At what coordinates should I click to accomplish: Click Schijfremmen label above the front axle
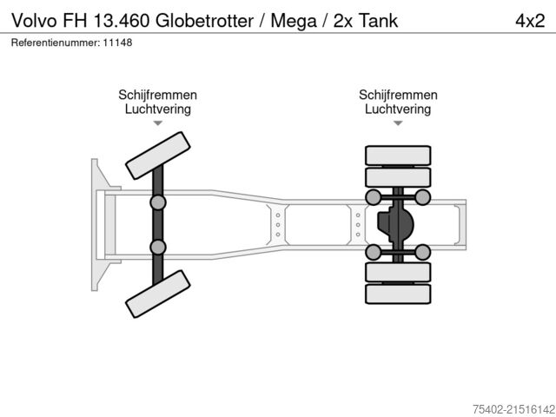158,96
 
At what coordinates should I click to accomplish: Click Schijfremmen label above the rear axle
398,96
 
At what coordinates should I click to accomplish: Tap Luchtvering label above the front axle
158,109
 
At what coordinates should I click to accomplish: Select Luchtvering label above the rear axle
398,109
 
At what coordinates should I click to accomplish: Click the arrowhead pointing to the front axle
158,123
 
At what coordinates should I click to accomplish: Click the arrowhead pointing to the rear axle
398,123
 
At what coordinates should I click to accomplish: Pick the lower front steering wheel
157,293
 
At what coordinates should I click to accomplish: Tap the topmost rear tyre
398,156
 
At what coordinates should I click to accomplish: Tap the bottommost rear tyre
398,295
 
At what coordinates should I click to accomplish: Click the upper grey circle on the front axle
157,202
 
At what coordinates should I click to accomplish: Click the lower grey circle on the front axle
157,247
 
